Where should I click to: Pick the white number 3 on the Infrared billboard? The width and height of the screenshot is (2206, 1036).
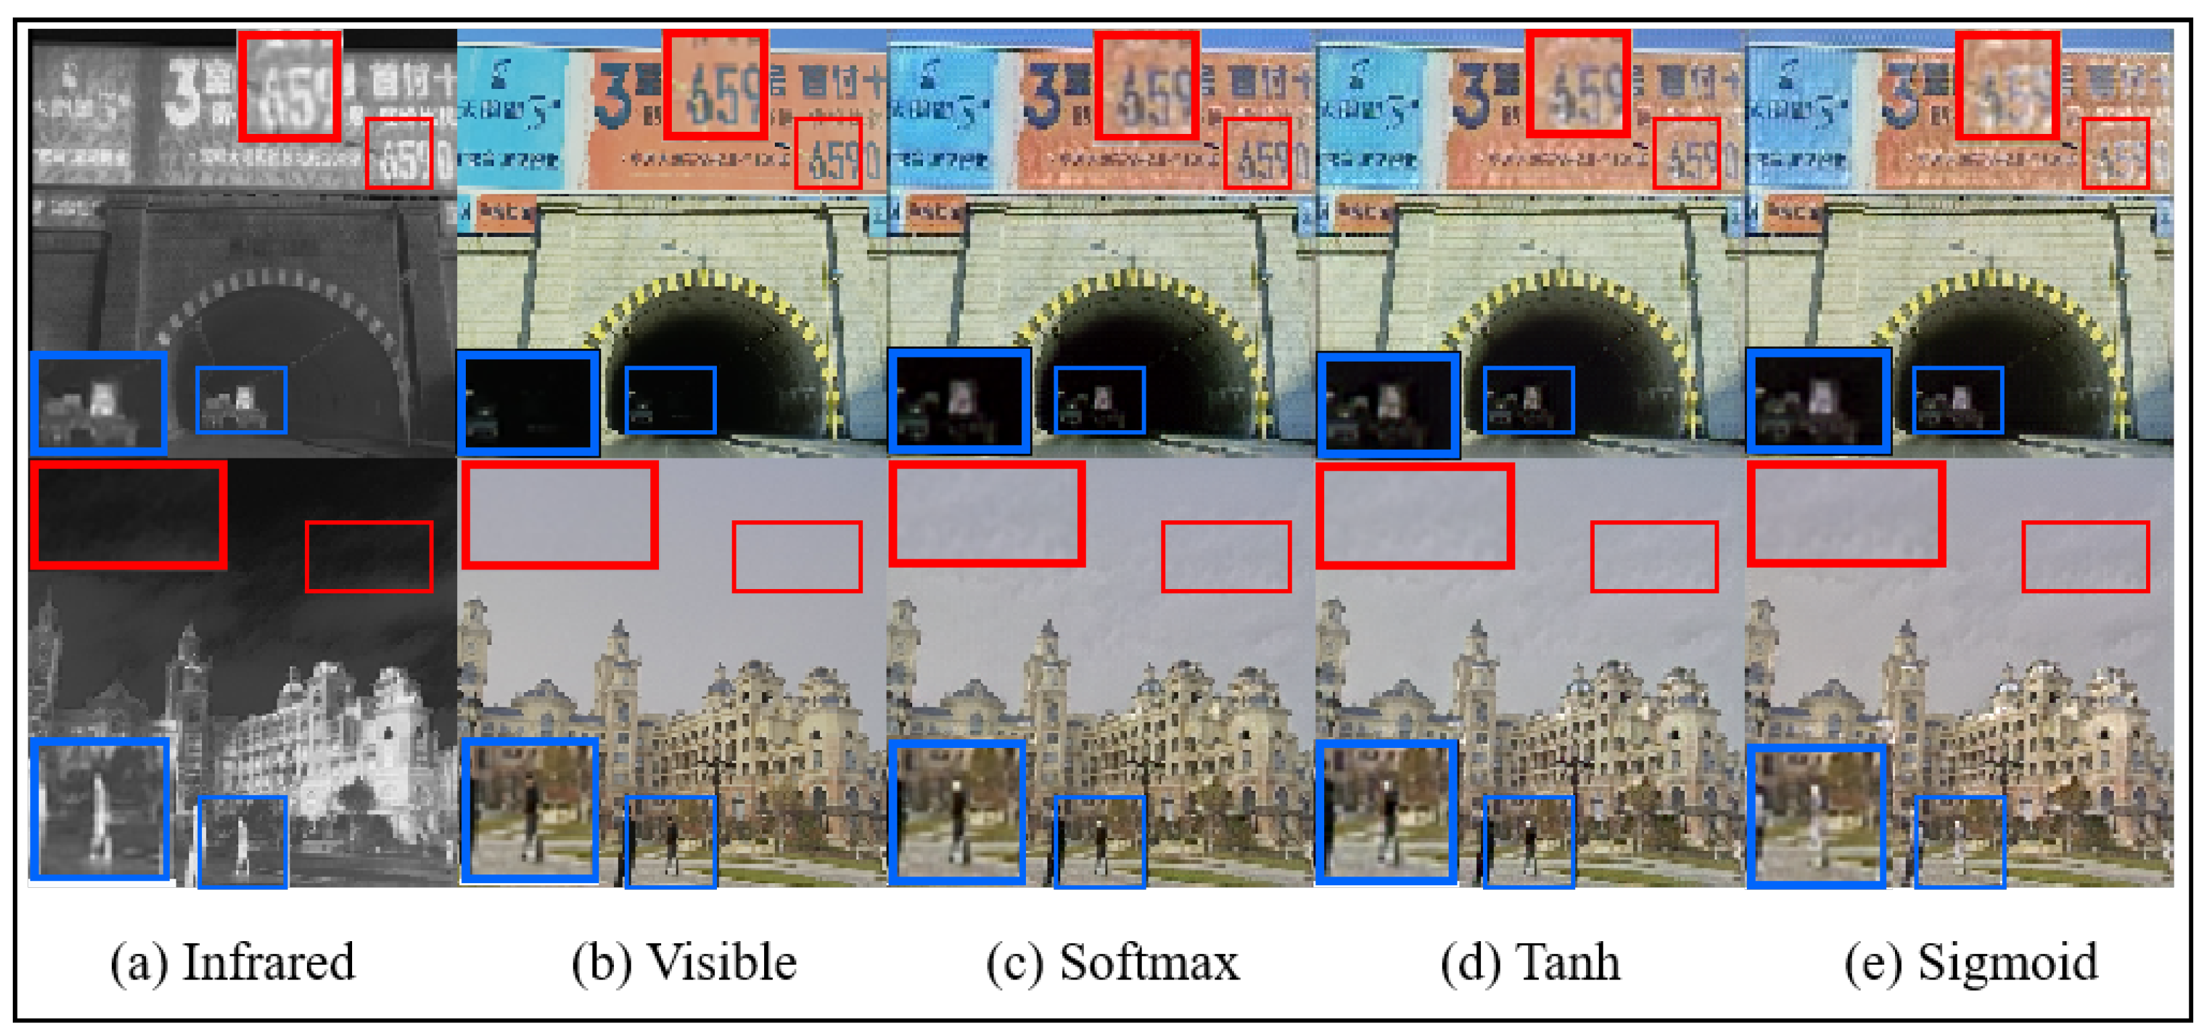182,91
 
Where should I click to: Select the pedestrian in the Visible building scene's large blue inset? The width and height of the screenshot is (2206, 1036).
531,813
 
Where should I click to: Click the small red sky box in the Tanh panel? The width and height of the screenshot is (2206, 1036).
1653,557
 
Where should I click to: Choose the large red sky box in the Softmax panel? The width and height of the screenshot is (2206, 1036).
986,514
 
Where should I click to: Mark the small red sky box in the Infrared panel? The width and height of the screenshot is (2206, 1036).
369,557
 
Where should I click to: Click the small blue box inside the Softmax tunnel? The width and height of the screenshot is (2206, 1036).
1099,400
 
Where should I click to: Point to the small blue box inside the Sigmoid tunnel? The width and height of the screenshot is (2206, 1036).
1958,400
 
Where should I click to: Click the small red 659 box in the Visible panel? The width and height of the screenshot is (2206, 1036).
827,153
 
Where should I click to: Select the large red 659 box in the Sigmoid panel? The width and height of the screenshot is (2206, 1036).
2007,85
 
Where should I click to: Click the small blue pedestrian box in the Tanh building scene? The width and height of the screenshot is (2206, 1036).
1529,841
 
